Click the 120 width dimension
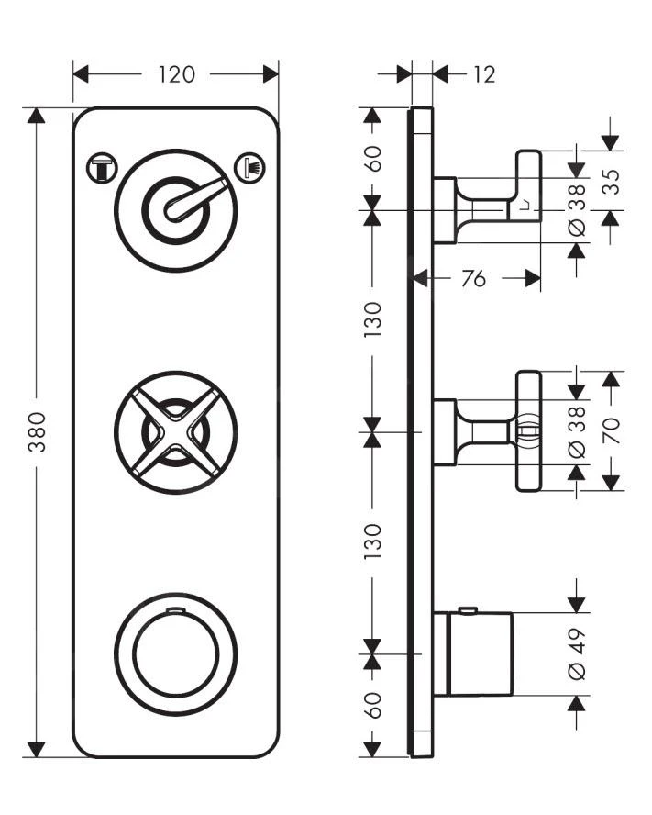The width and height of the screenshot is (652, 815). coord(176,74)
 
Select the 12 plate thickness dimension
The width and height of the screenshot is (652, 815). coord(483,74)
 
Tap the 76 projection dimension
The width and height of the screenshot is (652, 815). coord(473,279)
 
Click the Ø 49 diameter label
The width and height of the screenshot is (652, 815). coord(576,653)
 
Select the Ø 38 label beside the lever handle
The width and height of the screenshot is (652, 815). coord(576,210)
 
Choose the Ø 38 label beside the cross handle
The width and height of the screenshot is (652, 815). coord(576,430)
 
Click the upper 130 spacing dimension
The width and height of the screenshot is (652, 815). coord(372,319)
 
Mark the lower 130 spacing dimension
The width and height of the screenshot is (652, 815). coord(372,541)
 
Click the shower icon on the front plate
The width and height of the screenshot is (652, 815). coord(249,167)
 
